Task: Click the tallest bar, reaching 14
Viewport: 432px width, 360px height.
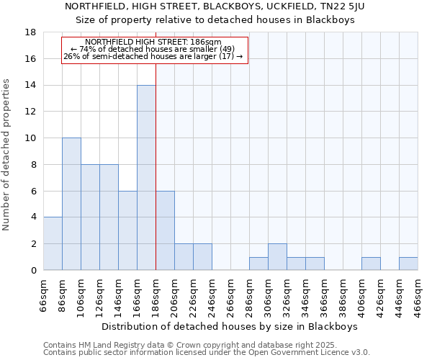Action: click(146, 178)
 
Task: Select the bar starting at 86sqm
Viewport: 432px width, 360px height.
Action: click(71, 204)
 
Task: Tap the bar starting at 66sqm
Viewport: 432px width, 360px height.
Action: click(53, 243)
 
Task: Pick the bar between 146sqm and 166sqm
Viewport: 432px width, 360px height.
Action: click(127, 230)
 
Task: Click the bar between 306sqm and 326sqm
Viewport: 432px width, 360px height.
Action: click(277, 257)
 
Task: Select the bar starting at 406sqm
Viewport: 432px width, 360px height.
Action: click(371, 264)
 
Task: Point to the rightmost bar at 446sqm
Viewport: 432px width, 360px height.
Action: click(408, 264)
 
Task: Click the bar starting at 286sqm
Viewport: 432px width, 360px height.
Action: click(258, 264)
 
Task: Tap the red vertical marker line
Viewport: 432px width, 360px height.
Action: click(156, 180)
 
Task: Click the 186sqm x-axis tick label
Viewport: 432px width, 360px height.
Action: click(156, 294)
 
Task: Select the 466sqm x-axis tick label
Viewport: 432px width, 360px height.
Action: click(418, 294)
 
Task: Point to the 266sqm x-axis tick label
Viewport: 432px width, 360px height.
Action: click(231, 294)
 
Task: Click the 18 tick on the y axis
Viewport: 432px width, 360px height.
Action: click(30, 32)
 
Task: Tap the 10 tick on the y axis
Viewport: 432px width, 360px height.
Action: click(30, 138)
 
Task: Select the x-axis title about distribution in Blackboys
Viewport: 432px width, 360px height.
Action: click(230, 326)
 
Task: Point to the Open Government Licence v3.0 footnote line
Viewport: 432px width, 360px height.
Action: click(207, 353)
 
